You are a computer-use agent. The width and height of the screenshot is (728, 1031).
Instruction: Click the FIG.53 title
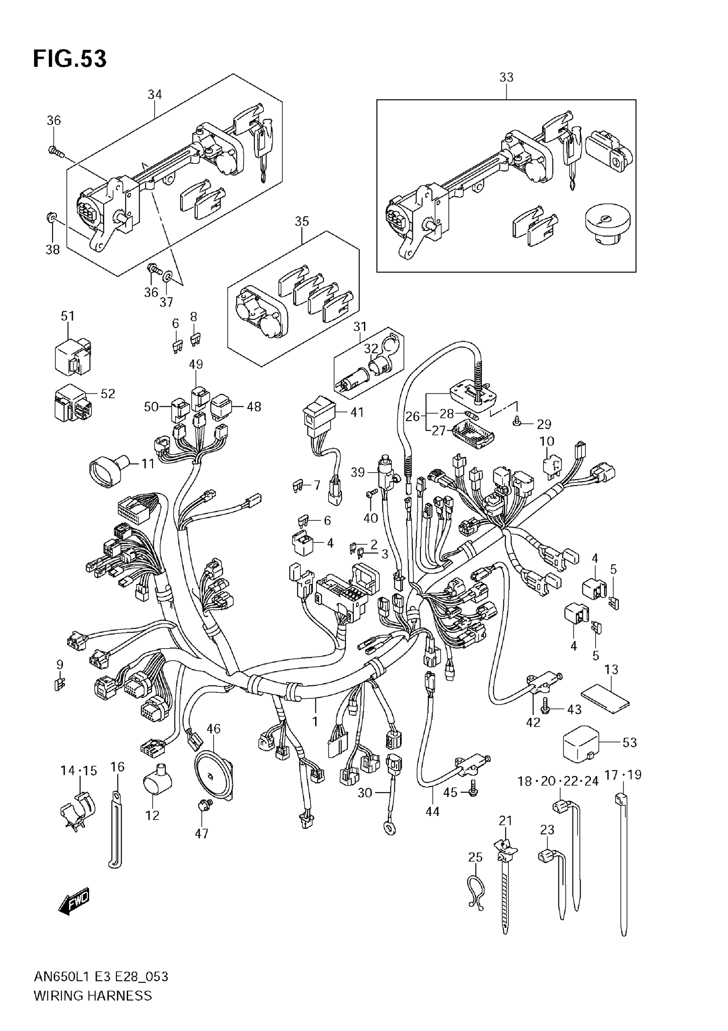point(70,59)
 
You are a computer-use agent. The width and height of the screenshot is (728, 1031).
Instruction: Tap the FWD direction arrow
point(75,901)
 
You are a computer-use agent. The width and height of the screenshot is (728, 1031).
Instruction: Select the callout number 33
point(506,77)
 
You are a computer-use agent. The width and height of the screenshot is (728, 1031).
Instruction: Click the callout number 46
point(213,728)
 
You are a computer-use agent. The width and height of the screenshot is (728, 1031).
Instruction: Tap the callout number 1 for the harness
point(315,721)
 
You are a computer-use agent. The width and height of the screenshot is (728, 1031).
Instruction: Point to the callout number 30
point(365,793)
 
